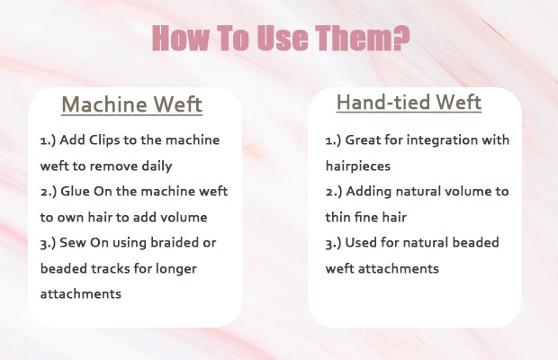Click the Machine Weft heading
click(132, 104)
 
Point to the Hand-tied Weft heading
click(409, 103)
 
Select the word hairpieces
click(358, 166)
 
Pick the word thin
click(337, 217)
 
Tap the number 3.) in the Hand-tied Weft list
click(333, 243)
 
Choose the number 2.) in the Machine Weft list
click(49, 192)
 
